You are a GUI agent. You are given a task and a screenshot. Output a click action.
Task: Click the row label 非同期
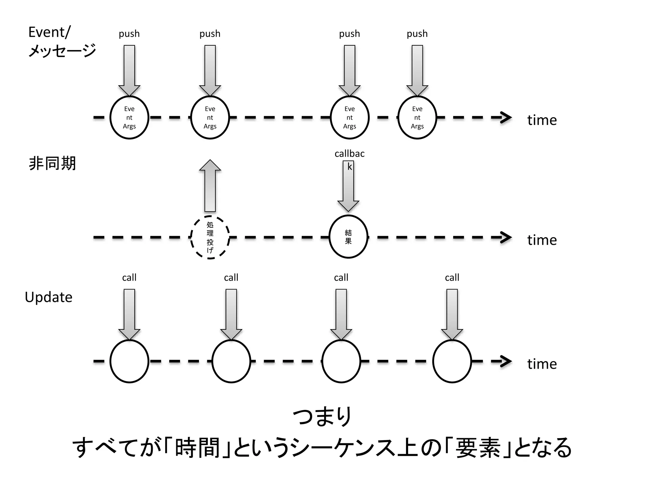click(x=52, y=164)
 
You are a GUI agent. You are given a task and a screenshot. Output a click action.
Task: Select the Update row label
click(x=48, y=297)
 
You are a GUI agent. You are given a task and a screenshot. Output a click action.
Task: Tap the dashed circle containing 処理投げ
click(x=210, y=237)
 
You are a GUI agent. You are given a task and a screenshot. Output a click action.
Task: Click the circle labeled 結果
click(x=348, y=237)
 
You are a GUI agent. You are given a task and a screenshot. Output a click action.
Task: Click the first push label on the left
click(x=129, y=34)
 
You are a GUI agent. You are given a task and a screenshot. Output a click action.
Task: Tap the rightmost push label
click(x=417, y=34)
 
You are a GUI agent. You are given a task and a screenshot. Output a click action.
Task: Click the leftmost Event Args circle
click(x=129, y=118)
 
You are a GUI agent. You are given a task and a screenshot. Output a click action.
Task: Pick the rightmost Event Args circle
click(x=417, y=118)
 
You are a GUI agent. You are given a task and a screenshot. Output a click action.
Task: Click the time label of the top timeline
click(x=542, y=120)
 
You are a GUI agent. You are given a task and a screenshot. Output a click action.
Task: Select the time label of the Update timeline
click(x=542, y=364)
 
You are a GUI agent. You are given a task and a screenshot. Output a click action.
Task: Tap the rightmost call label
click(x=452, y=278)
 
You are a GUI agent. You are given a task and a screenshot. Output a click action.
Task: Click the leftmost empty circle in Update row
click(x=129, y=361)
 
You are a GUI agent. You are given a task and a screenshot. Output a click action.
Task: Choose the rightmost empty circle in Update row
click(x=452, y=361)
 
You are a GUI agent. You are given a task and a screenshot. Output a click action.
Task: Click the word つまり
click(x=322, y=416)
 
